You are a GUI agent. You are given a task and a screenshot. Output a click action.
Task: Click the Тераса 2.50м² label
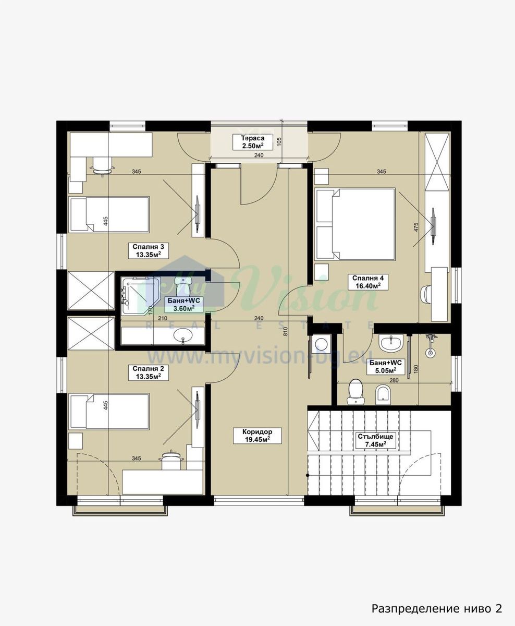coord(252,142)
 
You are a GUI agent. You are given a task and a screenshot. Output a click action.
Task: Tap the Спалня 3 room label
coord(149,250)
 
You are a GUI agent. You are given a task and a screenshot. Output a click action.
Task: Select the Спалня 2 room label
coord(149,372)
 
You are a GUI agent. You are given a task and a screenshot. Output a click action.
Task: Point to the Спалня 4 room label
coord(368,282)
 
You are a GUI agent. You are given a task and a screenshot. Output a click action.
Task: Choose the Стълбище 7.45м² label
coord(376,440)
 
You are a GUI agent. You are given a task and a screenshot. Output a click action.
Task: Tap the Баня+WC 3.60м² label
coord(184,305)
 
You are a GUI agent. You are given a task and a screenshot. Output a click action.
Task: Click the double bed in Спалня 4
coord(355,224)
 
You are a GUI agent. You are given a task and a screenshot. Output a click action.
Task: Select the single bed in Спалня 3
coord(109,214)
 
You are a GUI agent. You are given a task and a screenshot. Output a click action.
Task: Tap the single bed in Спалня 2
coord(109,411)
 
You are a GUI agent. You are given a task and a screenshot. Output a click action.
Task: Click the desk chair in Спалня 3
coord(102,166)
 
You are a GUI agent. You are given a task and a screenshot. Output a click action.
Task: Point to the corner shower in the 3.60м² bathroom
coord(141,296)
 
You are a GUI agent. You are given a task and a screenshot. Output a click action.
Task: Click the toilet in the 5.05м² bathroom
coord(355,391)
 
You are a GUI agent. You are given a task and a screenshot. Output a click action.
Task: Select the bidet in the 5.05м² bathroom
coord(384,394)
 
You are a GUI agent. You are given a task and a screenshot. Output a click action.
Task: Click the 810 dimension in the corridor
coord(285,331)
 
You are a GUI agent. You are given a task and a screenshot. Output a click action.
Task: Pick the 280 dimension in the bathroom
coord(394,380)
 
